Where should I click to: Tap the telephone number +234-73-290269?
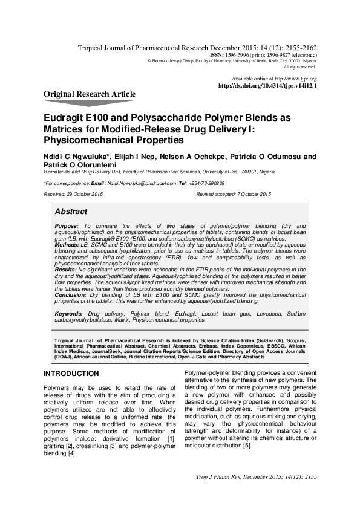point(205,183)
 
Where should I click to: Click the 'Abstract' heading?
point(71,212)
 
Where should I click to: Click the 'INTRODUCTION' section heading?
point(71,374)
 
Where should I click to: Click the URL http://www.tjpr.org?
point(296,79)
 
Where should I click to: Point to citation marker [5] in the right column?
point(247,446)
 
